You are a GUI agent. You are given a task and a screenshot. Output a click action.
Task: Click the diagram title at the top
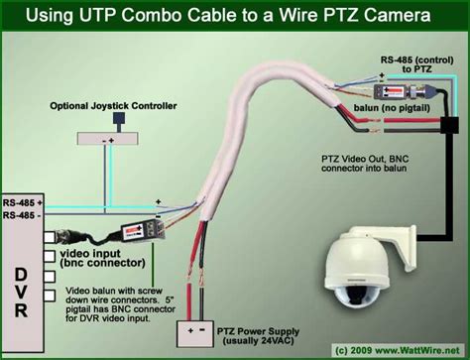236,17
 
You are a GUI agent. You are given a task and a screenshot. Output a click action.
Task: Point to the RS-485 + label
21,201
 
